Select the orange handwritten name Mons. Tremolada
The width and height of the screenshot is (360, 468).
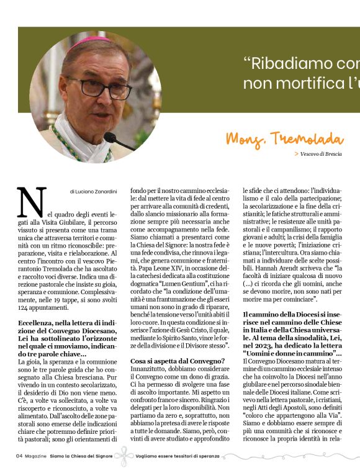click(284, 138)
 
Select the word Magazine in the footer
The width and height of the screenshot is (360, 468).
click(36, 456)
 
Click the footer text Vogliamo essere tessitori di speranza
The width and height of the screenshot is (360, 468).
click(178, 456)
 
